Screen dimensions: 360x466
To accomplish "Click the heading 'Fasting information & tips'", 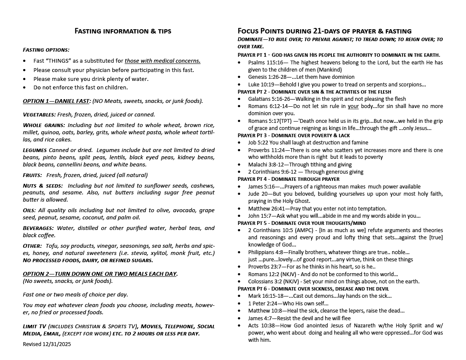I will pyautogui.click(x=123, y=31).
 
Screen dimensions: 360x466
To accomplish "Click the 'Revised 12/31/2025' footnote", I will pyautogui.click(x=47, y=344).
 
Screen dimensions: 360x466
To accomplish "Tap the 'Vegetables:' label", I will pyautogui.click(x=39, y=114).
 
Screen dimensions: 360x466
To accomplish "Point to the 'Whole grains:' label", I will pyautogui.click(x=44, y=125).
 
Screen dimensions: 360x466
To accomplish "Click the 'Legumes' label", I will pyautogui.click(x=34, y=150).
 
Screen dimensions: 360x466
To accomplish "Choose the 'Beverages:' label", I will pyautogui.click(x=39, y=228).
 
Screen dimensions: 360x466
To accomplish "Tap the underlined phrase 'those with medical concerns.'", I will pyautogui.click(x=162, y=61).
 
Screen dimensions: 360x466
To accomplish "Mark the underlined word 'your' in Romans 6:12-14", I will pyautogui.click(x=353, y=106).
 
